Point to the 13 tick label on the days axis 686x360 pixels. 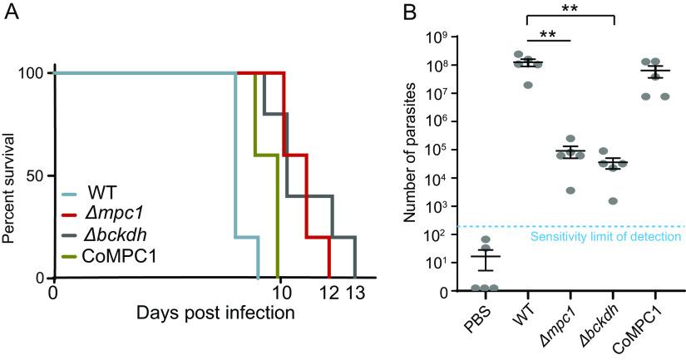[x=355, y=293]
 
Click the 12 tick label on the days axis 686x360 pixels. [x=329, y=293]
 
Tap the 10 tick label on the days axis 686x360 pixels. [x=280, y=293]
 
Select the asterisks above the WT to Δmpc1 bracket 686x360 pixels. [x=547, y=33]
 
